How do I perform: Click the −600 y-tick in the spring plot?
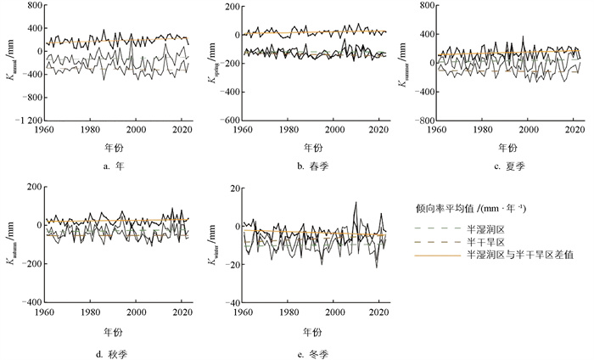point(226,120)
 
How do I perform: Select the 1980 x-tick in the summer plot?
point(483,131)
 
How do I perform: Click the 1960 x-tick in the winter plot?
point(243,313)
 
